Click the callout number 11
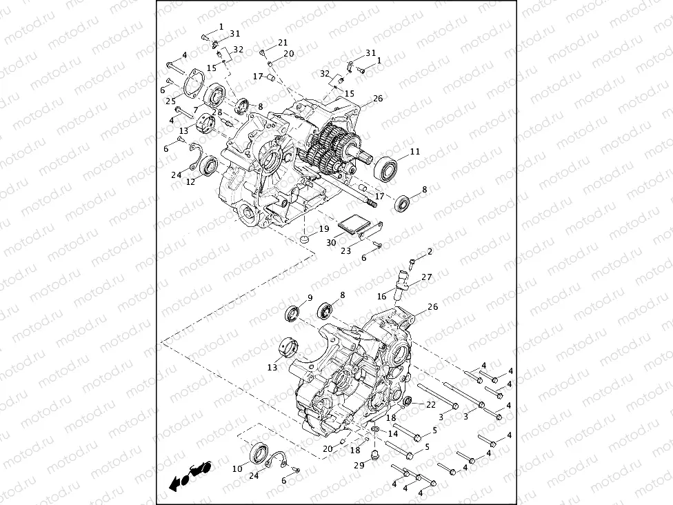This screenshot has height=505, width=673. pyautogui.click(x=414, y=151)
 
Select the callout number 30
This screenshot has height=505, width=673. pyautogui.click(x=331, y=242)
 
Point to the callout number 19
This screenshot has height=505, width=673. pyautogui.click(x=323, y=228)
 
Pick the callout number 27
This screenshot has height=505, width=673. pyautogui.click(x=427, y=277)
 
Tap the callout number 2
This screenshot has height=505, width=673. pyautogui.click(x=430, y=252)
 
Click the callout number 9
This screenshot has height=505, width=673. pyautogui.click(x=310, y=298)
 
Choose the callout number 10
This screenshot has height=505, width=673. pyautogui.click(x=237, y=468)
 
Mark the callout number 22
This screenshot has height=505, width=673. pyautogui.click(x=430, y=404)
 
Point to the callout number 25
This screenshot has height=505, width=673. pyautogui.click(x=170, y=101)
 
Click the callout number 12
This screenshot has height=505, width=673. pyautogui.click(x=190, y=181)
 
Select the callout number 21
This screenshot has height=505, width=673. pyautogui.click(x=283, y=43)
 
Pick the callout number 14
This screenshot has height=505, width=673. pyautogui.click(x=392, y=433)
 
